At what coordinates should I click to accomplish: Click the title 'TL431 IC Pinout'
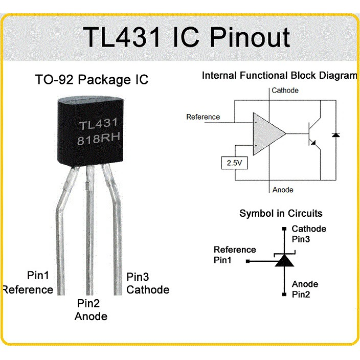187,37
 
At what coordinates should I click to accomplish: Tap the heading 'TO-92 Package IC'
92,79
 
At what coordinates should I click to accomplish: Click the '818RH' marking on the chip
99,139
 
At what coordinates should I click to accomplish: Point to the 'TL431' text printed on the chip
98,124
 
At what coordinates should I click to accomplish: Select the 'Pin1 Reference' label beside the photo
29,282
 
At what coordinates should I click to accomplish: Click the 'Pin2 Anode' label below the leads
91,310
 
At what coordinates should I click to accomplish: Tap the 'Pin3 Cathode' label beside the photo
148,283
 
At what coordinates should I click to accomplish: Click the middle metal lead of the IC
90,230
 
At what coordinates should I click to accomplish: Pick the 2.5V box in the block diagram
234,163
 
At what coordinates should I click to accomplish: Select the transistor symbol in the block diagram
313,134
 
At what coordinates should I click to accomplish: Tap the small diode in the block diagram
336,135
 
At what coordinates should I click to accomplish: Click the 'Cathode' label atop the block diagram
285,90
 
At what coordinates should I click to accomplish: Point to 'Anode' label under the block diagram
283,190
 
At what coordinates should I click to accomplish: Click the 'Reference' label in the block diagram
203,117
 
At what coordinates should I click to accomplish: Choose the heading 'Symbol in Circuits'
281,213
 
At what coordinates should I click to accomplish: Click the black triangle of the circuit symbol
284,260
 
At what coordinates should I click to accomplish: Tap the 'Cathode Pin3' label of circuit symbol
309,234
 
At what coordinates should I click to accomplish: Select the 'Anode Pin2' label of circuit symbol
305,289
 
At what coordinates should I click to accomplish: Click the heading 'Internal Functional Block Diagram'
280,75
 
